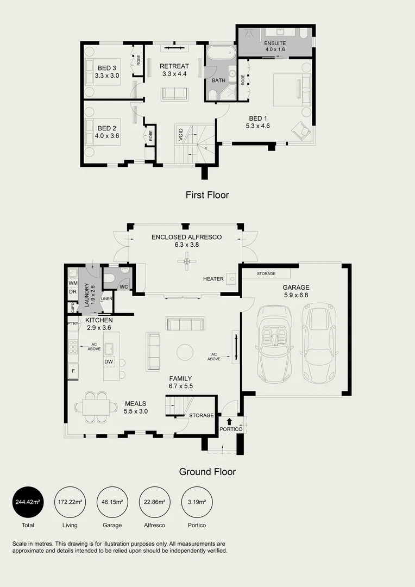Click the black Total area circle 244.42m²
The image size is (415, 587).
pyautogui.click(x=27, y=501)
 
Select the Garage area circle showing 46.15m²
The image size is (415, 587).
pyautogui.click(x=112, y=501)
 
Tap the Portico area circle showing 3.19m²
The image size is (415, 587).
pyautogui.click(x=197, y=501)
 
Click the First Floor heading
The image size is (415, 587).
pyautogui.click(x=207, y=195)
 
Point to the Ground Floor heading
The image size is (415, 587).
pyautogui.click(x=207, y=472)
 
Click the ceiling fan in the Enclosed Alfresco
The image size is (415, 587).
pyautogui.click(x=187, y=263)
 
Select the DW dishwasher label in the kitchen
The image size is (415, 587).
pyautogui.click(x=109, y=362)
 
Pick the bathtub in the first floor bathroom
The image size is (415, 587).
pyautogui.click(x=220, y=54)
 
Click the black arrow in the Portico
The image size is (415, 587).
pyautogui.click(x=229, y=421)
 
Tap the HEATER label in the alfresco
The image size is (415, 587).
pyautogui.click(x=213, y=279)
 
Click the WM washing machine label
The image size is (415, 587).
pyautogui.click(x=72, y=283)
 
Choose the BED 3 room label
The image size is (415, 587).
pyautogui.click(x=107, y=68)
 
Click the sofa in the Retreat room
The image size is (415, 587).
pyautogui.click(x=174, y=93)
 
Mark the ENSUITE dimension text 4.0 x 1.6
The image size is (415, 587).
pyautogui.click(x=275, y=49)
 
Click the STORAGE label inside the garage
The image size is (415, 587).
pyautogui.click(x=266, y=273)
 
